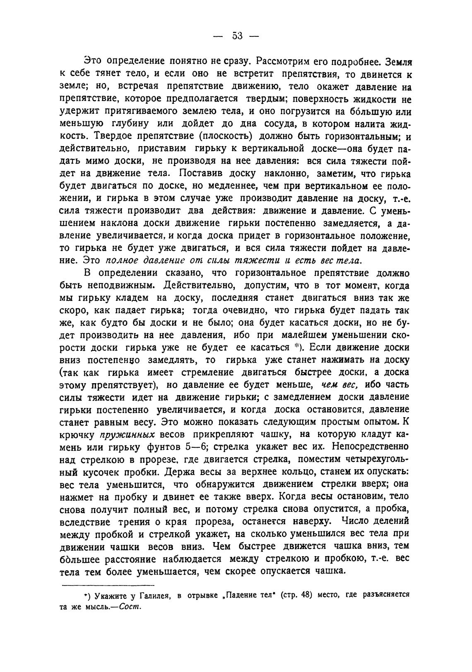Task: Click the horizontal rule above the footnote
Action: (x=108, y=585)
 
